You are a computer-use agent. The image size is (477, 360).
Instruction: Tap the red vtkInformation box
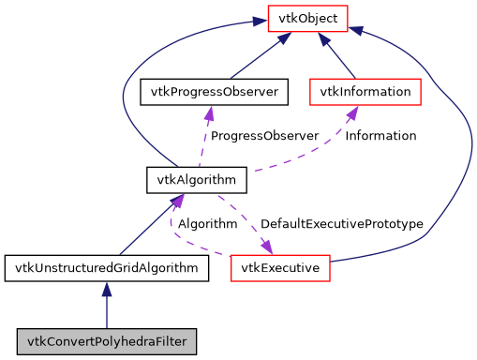[x=365, y=91]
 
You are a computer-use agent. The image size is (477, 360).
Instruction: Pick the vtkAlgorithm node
[x=197, y=177]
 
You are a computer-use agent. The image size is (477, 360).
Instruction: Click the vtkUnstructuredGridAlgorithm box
[x=106, y=269]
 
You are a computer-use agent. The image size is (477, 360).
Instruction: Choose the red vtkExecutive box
[x=280, y=269]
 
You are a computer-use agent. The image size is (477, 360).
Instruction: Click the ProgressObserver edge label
[x=264, y=136]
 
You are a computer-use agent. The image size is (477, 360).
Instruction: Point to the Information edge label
[x=380, y=136]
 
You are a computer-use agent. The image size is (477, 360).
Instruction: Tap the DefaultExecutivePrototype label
[x=341, y=225]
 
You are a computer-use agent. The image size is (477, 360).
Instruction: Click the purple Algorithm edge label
[x=207, y=225]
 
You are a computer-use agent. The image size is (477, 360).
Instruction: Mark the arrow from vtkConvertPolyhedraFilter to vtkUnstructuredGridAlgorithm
[x=106, y=305]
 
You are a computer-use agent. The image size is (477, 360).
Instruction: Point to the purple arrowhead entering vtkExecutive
[x=266, y=247]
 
